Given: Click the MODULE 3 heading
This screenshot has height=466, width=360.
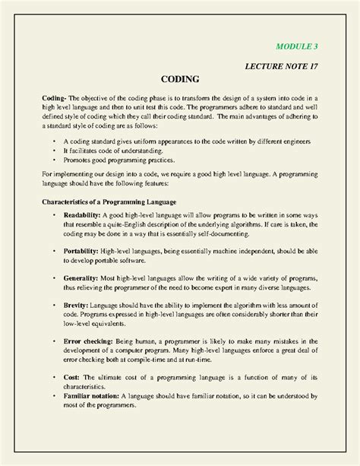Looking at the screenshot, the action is click(x=296, y=46).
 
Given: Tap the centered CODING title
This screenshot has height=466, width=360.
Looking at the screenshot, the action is click(x=180, y=79).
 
